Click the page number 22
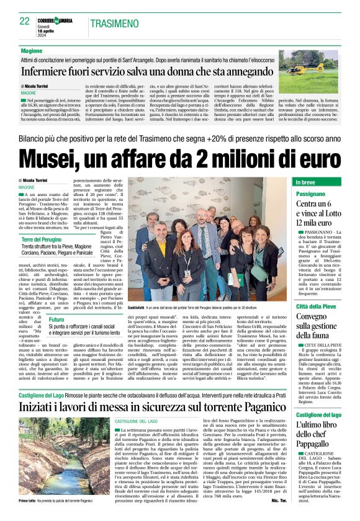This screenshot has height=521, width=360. (x=25, y=21)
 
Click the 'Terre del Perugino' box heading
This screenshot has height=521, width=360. (x=43, y=239)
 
